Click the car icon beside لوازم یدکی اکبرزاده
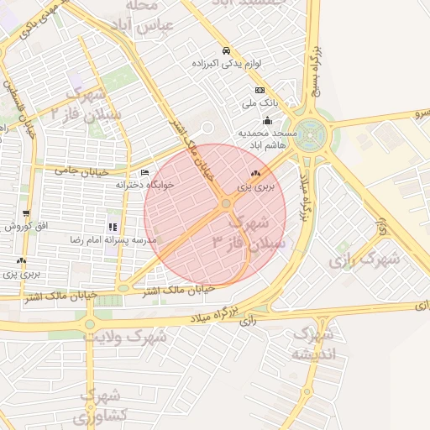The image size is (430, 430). click(225, 50)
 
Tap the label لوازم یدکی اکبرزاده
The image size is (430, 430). click(225, 63)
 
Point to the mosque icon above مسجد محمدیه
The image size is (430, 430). click(267, 121)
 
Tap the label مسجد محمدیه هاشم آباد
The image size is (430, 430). click(267, 139)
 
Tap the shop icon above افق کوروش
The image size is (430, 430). click(26, 214)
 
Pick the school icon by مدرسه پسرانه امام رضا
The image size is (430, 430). click(112, 227)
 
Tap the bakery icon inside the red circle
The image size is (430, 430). click(255, 173)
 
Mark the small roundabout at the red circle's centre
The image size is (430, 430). click(226, 204)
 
